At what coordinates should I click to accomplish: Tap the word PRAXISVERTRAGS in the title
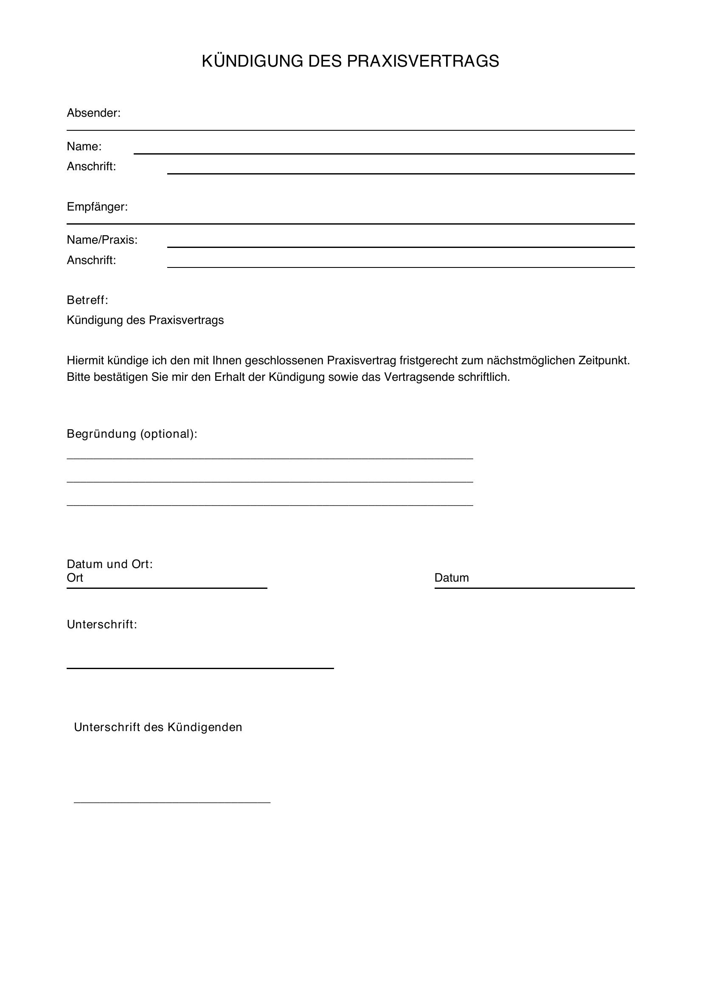423,62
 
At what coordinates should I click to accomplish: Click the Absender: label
93,113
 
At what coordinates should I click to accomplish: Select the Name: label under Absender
84,146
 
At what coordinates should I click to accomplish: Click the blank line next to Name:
384,153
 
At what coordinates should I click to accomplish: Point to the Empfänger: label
97,207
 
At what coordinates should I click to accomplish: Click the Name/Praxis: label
102,239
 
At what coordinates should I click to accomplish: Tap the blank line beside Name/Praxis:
401,247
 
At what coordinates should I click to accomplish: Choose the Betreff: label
87,300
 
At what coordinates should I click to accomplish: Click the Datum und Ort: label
110,564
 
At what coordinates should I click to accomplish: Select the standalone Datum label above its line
451,578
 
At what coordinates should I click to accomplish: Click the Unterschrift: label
101,624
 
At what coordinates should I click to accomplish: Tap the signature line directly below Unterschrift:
200,668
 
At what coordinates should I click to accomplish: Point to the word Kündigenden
205,728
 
